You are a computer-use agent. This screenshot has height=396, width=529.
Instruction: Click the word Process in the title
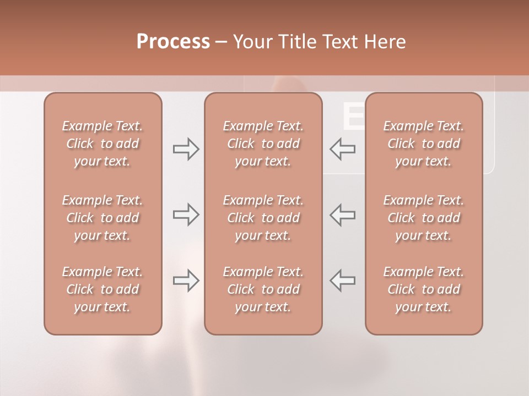point(173,42)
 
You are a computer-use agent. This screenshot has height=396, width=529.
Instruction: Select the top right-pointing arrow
point(186,149)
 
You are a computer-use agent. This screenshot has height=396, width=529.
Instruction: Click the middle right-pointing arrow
point(186,215)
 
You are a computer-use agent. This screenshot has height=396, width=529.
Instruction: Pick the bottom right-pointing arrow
point(186,280)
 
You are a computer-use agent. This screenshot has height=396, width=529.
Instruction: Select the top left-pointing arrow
point(343,149)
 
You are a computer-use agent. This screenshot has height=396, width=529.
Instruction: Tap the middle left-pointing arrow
point(343,215)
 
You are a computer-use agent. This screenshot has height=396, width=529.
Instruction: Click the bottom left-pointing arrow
point(343,280)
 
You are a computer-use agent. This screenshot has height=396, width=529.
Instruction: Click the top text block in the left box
point(102,144)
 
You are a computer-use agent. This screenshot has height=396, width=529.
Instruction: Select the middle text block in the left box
point(102,218)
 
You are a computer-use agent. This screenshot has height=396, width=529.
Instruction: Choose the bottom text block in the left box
point(102,289)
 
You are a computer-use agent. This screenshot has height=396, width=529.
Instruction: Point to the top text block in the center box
point(263,144)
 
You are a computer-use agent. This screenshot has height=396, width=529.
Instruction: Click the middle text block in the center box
point(263,218)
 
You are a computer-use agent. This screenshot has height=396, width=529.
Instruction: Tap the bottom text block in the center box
point(263,289)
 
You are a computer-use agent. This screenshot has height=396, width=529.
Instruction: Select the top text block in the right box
point(424,144)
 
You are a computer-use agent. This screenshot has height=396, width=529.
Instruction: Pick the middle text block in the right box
point(424,218)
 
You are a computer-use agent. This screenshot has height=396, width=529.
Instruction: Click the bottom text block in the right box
point(424,289)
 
